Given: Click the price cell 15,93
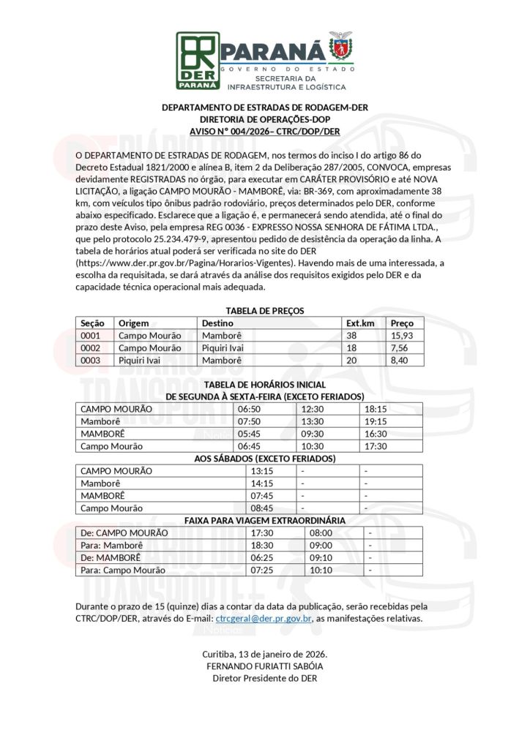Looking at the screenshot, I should pos(402,335).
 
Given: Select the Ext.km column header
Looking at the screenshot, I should pos(360,323).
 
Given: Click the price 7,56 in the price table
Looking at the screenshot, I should pos(400,347).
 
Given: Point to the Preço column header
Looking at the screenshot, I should pos(402,323).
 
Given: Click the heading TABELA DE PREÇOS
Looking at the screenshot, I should pos(264,311).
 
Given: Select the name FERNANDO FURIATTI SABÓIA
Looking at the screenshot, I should pos(264,666).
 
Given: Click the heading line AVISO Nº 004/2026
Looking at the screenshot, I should pos(264,131).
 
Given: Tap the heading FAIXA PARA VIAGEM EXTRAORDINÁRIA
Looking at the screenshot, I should pos(264,520).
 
